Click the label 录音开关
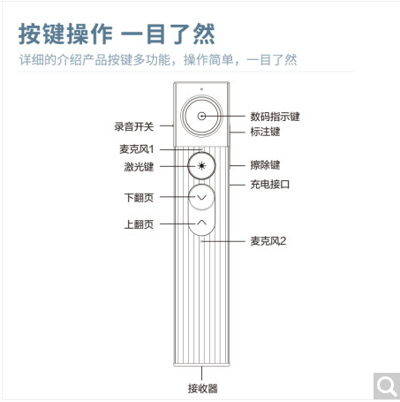(134, 127)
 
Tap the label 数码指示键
(275, 117)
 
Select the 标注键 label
(265, 132)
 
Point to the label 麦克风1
(137, 149)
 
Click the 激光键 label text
(139, 167)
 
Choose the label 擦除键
(265, 165)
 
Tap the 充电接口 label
(270, 185)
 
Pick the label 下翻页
(139, 198)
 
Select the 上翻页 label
(139, 224)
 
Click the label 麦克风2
(268, 241)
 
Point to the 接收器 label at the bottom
(203, 389)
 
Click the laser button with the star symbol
(201, 166)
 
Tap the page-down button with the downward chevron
(201, 197)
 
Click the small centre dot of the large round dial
(201, 117)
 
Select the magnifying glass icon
(387, 386)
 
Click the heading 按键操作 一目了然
(117, 34)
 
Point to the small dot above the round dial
(201, 89)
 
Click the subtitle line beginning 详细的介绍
(158, 60)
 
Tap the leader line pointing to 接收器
(201, 373)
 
